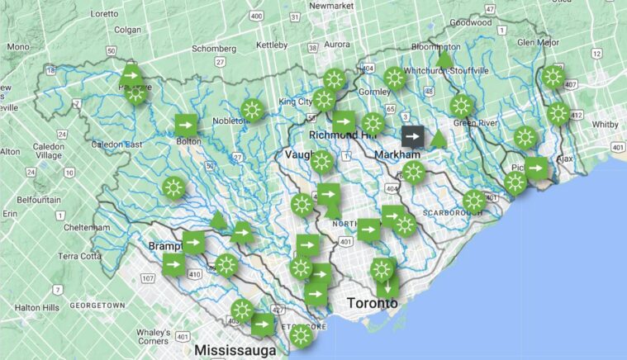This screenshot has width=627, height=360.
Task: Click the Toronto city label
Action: pyautogui.click(x=372, y=303)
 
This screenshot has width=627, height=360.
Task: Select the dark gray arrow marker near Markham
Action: pyautogui.click(x=413, y=137)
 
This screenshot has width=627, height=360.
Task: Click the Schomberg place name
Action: pyautogui.click(x=215, y=48)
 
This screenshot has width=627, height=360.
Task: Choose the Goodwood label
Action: pyautogui.click(x=471, y=23)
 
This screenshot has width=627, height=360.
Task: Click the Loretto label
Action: pyautogui.click(x=104, y=13)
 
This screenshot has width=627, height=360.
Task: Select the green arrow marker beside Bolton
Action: pyautogui.click(x=187, y=125)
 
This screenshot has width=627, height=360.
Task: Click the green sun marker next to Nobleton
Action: pyautogui.click(x=252, y=109)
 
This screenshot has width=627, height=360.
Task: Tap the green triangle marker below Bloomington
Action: pyautogui.click(x=444, y=59)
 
